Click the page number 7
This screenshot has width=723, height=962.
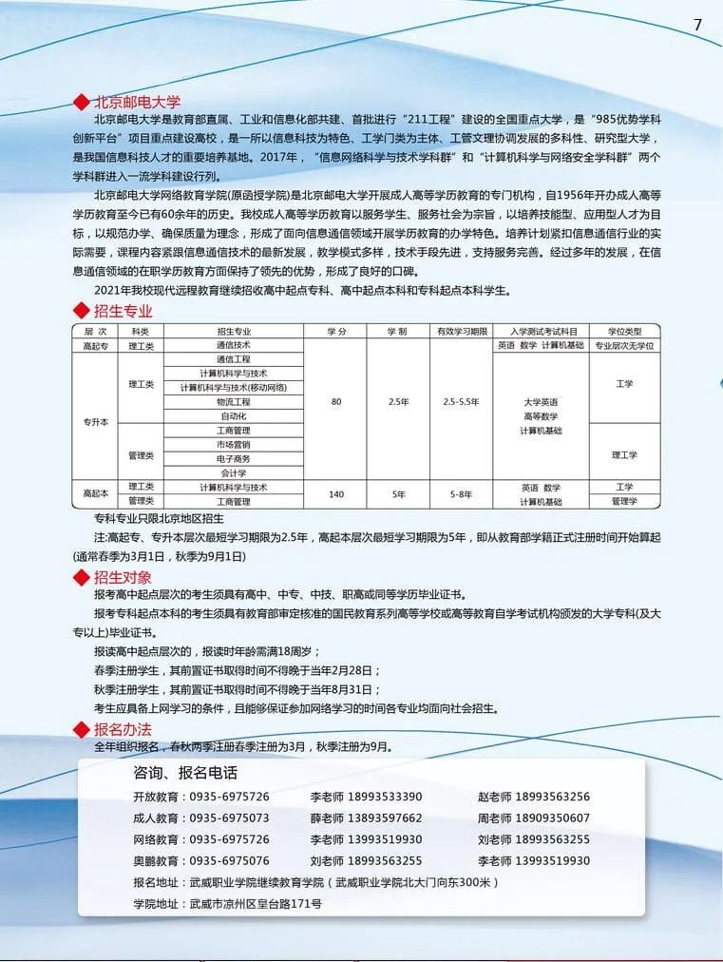[697, 25]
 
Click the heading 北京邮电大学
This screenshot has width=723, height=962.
[137, 103]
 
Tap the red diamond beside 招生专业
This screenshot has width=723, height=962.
[81, 311]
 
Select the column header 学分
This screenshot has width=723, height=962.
[336, 331]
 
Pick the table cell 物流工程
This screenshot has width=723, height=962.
[233, 402]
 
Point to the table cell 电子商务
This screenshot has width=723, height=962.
[233, 458]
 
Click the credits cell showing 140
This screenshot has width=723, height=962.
[336, 494]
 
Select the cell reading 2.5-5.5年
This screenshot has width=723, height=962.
[461, 402]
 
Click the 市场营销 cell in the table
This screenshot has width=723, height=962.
[233, 444]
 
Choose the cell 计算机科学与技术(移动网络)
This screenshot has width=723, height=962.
[233, 388]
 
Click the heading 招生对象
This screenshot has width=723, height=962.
[123, 577]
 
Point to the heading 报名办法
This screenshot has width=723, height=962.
[123, 729]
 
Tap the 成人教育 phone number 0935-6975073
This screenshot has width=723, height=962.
[229, 818]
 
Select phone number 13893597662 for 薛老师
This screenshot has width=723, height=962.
[385, 818]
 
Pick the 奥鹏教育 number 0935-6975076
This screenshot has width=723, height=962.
[229, 861]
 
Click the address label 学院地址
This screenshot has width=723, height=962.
[157, 904]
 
